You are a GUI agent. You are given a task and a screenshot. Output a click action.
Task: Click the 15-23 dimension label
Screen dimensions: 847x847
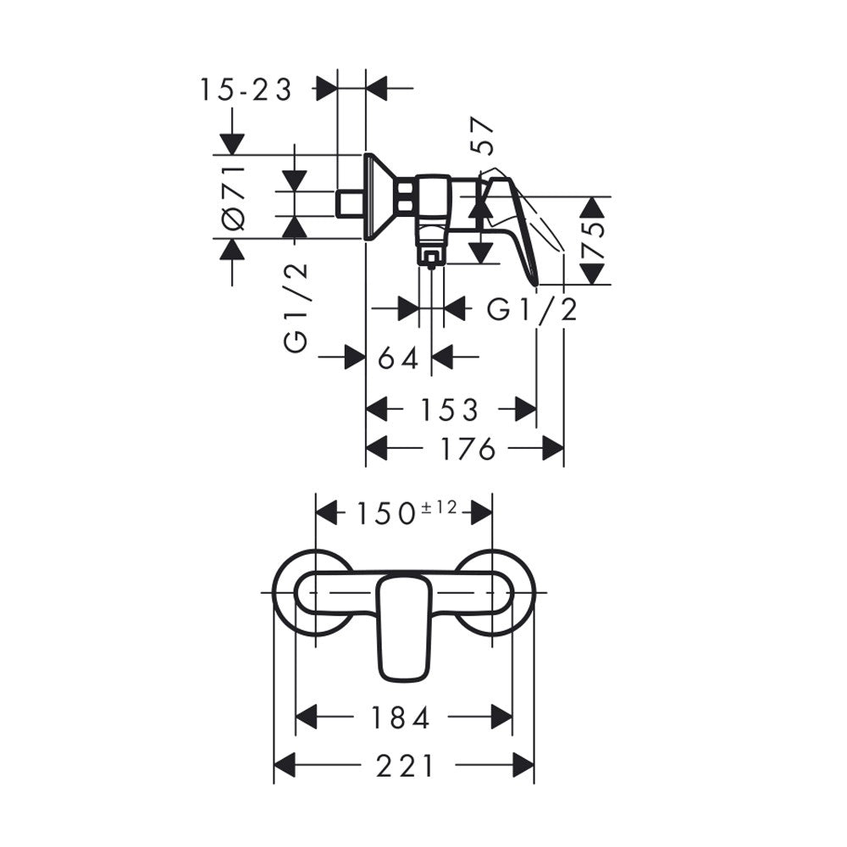click(246, 90)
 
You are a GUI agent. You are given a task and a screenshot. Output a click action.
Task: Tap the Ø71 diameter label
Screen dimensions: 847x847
click(233, 198)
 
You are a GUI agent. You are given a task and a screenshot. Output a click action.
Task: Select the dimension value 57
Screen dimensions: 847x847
click(483, 136)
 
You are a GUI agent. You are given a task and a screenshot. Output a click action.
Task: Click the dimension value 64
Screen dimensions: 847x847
click(399, 357)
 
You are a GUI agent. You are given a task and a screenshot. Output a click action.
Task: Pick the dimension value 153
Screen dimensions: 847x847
click(450, 410)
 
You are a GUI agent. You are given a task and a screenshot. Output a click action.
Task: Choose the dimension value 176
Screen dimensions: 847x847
click(468, 448)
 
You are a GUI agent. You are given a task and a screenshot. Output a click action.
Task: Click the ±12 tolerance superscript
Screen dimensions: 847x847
click(439, 507)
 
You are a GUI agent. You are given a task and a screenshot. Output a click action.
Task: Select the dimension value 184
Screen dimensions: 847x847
click(401, 718)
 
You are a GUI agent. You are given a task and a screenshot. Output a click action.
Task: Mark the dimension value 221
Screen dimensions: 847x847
click(405, 766)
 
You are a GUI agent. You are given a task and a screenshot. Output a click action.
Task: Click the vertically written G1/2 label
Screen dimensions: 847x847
click(296, 308)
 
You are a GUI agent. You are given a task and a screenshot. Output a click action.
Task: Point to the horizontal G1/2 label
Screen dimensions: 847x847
click(532, 309)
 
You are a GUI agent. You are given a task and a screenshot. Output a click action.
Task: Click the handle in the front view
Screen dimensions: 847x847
click(405, 628)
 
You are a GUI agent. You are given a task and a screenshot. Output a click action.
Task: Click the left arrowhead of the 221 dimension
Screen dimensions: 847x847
click(285, 765)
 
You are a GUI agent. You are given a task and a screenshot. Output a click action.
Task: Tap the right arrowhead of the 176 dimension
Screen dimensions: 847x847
click(552, 448)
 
